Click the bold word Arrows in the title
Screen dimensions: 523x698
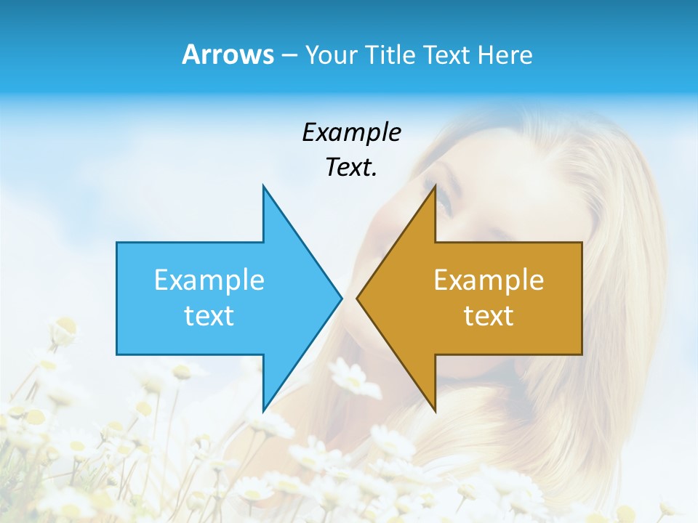point(228,54)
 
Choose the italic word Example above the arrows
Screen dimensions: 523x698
point(351,133)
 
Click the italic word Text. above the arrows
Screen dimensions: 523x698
point(351,168)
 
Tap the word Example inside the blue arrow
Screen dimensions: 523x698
point(209,280)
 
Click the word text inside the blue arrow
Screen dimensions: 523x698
point(209,316)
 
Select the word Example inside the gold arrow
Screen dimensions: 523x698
point(489,280)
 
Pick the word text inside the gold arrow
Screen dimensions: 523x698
point(489,316)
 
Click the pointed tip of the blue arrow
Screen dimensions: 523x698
point(341,298)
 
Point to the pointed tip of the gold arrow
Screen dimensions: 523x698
point(357,298)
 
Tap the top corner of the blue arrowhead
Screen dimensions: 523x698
point(263,186)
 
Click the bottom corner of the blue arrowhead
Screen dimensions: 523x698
point(263,410)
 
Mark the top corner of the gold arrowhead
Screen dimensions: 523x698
point(435,186)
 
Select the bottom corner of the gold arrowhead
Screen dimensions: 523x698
point(435,410)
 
